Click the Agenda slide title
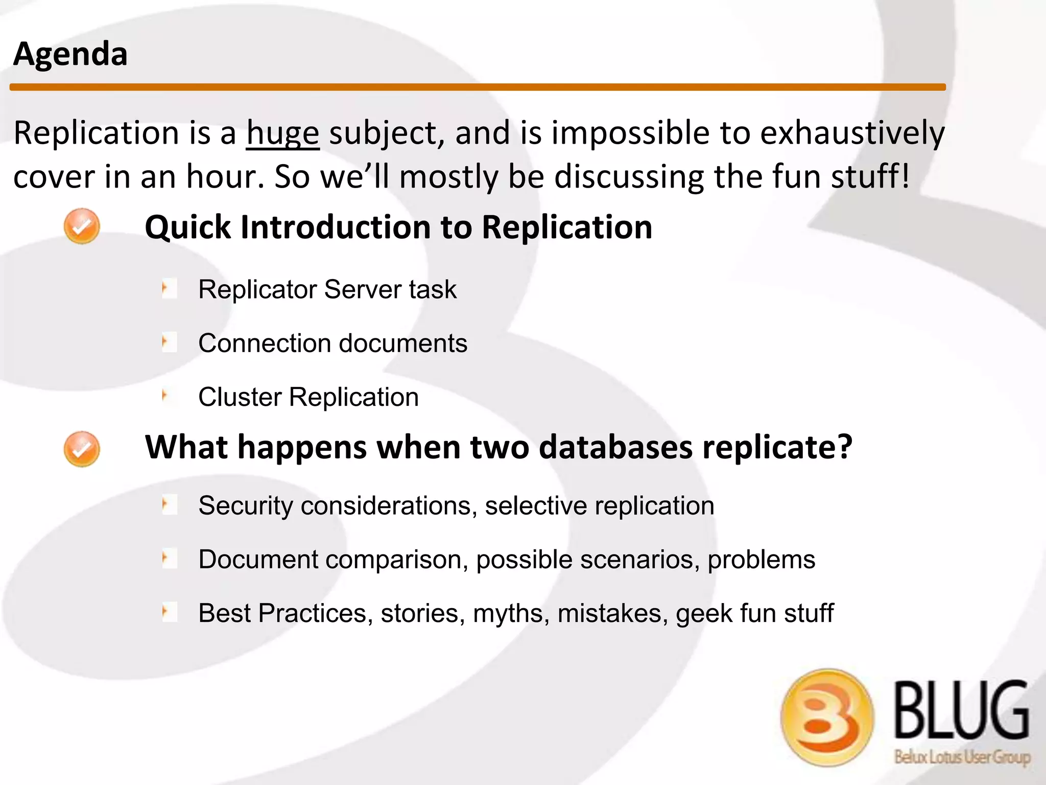coord(70,54)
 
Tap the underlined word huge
coord(282,134)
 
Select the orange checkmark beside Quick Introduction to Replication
coord(82,226)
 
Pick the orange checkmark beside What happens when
coord(82,449)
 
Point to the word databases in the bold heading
coord(615,447)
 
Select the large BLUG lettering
coord(961,710)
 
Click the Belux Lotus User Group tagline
coord(961,757)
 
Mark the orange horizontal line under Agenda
coord(477,87)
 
